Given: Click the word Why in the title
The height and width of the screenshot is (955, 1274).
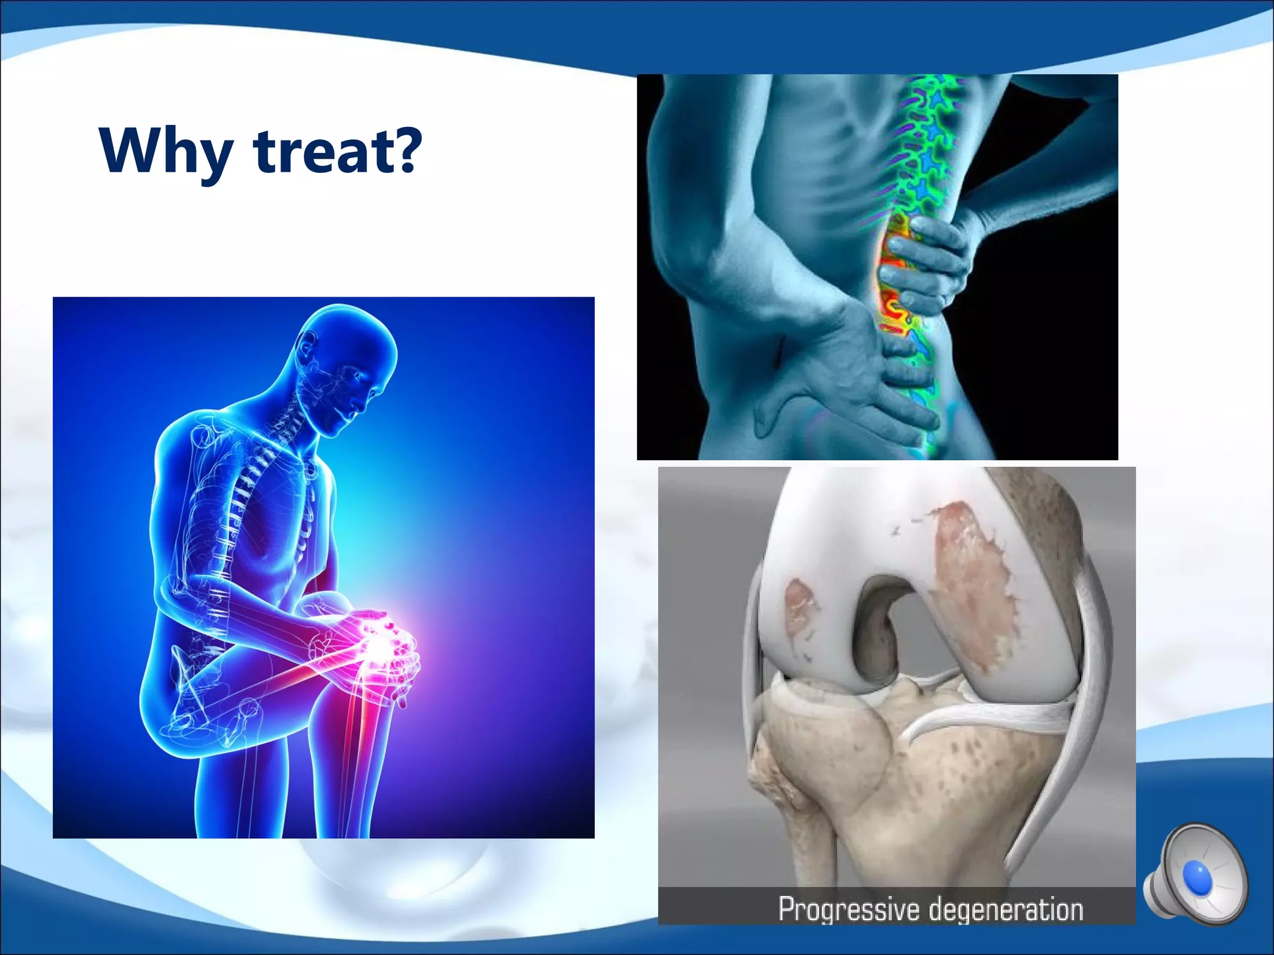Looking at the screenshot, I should [165, 151].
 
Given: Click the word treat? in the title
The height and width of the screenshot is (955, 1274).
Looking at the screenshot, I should [338, 151].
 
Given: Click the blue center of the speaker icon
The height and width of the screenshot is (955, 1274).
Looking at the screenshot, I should [1197, 877].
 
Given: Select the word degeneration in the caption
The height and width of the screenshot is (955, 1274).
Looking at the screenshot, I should [1006, 910].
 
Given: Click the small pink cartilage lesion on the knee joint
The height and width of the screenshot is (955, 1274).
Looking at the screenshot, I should [799, 606].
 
